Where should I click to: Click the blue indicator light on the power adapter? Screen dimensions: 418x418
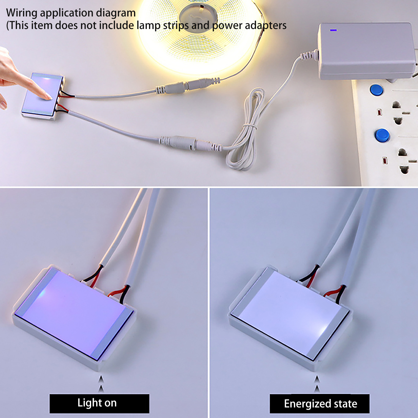coord(333,30)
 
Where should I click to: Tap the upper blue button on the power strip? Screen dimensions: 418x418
coord(376,90)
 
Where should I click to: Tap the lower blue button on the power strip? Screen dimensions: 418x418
coord(382,135)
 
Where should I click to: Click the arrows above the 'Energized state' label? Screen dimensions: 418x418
coord(317,384)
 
